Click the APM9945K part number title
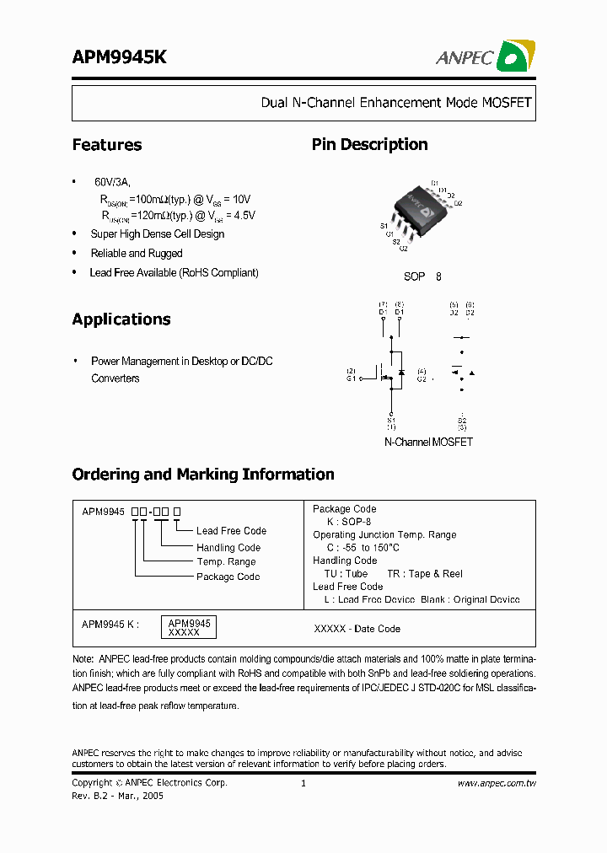[119, 57]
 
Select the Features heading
[107, 145]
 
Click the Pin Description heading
[369, 145]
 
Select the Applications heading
[121, 319]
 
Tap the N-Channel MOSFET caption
[428, 442]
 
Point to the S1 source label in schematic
[391, 420]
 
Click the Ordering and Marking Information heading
[203, 475]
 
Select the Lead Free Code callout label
[231, 531]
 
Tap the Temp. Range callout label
[226, 562]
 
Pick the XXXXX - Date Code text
[357, 629]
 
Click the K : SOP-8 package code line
[347, 522]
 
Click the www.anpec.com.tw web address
[497, 783]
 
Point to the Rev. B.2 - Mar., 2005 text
[118, 796]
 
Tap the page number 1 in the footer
[303, 783]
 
